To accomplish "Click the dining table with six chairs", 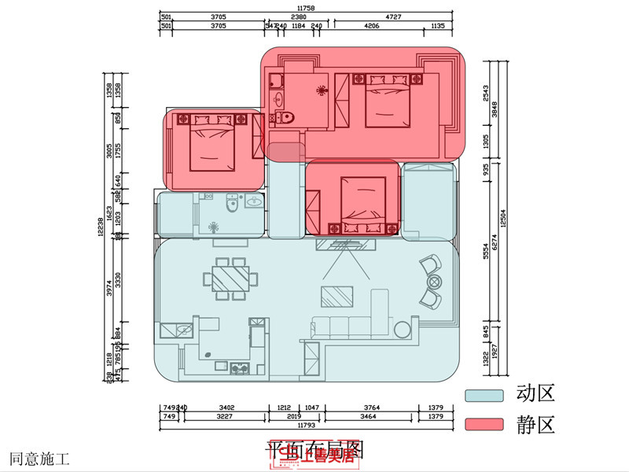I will point(230,278).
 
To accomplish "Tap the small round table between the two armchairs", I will point(433,281).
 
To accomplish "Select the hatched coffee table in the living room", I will point(337,296).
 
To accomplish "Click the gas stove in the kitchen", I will point(240,367).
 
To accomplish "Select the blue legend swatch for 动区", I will point(484,395).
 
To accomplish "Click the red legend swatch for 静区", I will point(484,425).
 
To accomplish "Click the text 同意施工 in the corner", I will point(39,457).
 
